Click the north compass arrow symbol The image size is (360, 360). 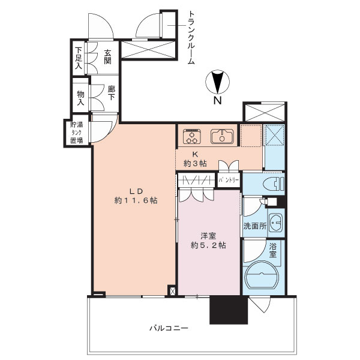point(218,81)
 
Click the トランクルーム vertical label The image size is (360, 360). point(191,37)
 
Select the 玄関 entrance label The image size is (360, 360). point(109,58)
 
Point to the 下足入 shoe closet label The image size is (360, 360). point(79,59)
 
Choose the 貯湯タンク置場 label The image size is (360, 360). point(76,133)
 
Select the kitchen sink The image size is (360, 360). point(221,137)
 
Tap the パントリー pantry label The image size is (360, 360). point(228,180)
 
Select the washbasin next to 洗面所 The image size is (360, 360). point(276,223)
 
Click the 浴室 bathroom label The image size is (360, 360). point(273,250)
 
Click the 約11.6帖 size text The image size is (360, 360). point(137,201)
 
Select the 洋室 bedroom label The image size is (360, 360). point(208,235)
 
